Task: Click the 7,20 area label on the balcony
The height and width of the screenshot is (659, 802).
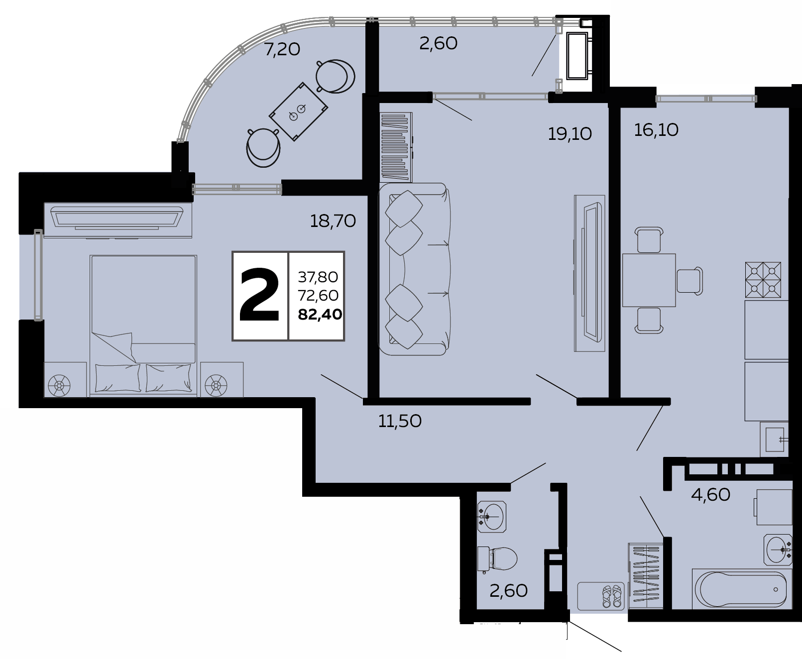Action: point(282,49)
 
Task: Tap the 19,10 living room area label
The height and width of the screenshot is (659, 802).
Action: point(570,134)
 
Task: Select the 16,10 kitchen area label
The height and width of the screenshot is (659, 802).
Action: point(656,130)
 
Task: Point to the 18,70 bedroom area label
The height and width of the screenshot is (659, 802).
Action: point(333,221)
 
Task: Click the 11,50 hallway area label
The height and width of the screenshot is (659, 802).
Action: point(400,422)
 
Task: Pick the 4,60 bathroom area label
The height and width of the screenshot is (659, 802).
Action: point(710,495)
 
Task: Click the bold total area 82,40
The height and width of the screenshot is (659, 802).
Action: point(320,315)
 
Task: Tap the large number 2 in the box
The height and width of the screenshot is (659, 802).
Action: point(259,295)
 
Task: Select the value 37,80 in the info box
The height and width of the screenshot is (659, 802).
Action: point(318,277)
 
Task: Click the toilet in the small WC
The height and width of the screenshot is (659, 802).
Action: point(497,559)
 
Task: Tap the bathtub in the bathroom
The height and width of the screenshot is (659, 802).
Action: point(742,589)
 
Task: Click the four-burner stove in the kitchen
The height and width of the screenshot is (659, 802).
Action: point(763,280)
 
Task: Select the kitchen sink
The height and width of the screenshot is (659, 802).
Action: point(774,439)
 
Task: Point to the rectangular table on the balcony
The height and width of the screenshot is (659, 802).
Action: point(299,112)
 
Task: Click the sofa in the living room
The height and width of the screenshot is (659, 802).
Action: point(414,269)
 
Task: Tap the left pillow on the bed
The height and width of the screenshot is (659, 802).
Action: point(117,378)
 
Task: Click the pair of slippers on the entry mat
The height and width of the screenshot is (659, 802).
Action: point(611,596)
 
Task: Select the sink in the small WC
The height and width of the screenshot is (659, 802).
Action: point(492,517)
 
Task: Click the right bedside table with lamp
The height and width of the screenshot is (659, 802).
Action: point(222,379)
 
